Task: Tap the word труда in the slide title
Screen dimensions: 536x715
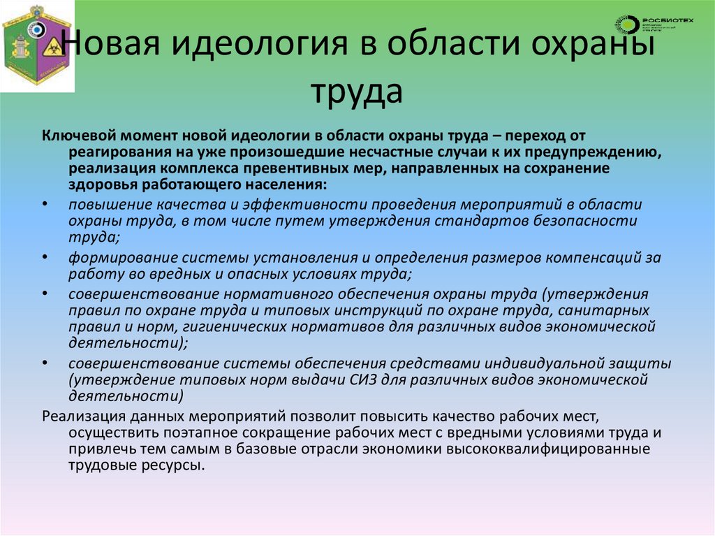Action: tap(357, 92)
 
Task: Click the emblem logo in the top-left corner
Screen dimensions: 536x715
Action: tap(37, 47)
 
